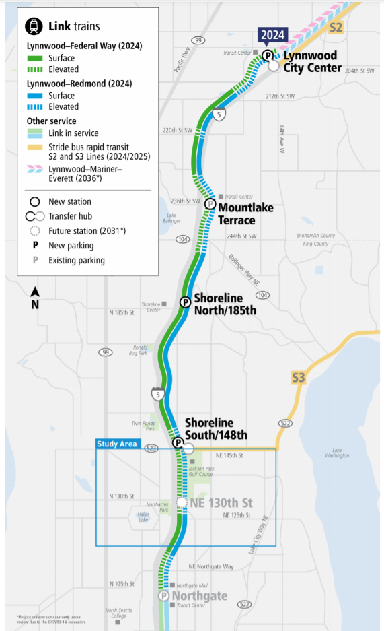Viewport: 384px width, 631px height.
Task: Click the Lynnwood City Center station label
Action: [x=311, y=61]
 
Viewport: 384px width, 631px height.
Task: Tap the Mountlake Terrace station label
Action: [x=245, y=213]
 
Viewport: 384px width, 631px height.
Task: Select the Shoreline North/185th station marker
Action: [x=185, y=302]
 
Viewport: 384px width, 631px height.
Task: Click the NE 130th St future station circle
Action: [x=182, y=502]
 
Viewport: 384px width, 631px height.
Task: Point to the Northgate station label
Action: [x=199, y=596]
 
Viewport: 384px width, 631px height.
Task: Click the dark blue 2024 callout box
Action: [x=273, y=35]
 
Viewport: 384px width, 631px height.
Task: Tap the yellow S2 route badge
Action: [x=336, y=27]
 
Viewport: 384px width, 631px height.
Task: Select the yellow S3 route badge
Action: [x=299, y=377]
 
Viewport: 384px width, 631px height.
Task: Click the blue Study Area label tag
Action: [x=117, y=444]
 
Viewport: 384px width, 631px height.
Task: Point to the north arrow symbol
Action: [x=35, y=296]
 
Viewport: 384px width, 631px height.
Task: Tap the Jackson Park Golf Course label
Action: [x=201, y=471]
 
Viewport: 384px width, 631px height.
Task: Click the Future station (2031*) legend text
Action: [x=87, y=231]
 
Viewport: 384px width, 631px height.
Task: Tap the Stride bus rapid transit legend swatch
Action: [x=35, y=147]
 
